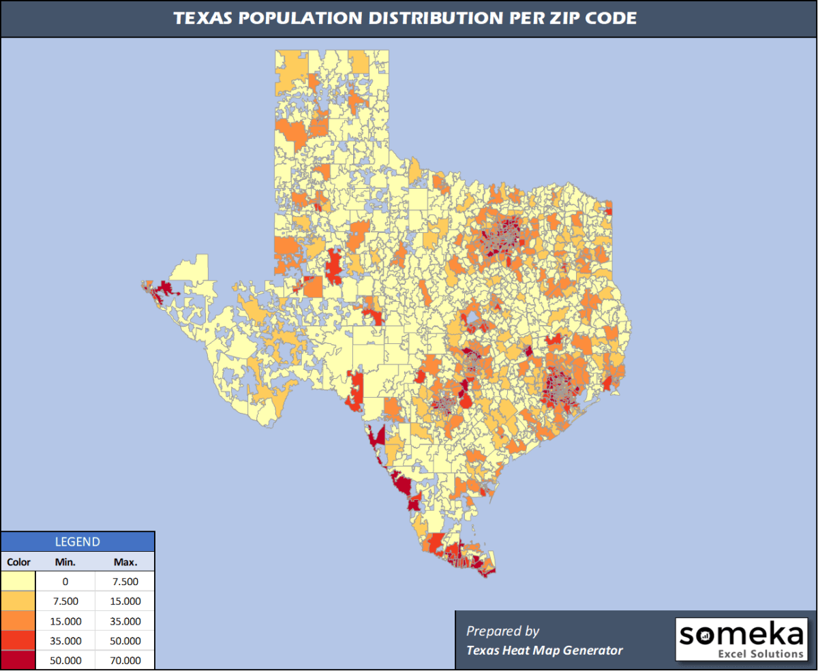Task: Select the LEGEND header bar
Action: (77, 542)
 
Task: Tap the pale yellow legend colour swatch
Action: (18, 582)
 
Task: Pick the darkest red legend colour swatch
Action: (18, 661)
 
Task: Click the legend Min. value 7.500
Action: (65, 602)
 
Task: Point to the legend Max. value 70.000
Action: (125, 661)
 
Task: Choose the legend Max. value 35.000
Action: (125, 621)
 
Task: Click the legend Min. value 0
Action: (65, 582)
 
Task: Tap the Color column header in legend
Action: (18, 563)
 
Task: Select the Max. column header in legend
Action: (125, 563)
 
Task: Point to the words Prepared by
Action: (502, 631)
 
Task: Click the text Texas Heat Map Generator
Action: (544, 651)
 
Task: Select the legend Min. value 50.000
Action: (65, 661)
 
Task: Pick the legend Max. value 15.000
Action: (125, 602)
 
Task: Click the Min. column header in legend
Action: (65, 563)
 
